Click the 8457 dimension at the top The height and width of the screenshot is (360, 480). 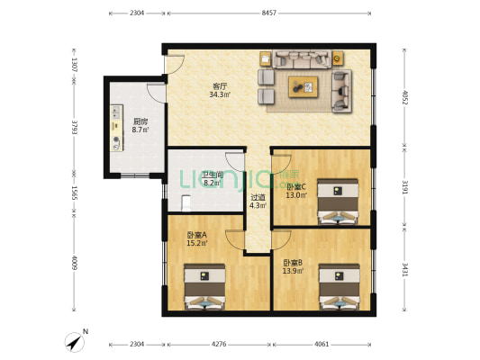pos(268,13)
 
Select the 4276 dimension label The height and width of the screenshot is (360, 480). pos(219,344)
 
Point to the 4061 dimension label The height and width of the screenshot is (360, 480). pos(322,344)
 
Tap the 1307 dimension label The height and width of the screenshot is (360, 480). pos(74,65)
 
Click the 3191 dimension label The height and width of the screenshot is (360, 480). pos(404,187)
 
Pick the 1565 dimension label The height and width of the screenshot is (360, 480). pos(74,193)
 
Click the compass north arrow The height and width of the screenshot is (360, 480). pos(75,342)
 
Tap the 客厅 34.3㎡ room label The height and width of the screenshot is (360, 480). pos(220,90)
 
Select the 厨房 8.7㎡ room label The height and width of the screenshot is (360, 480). pos(140,125)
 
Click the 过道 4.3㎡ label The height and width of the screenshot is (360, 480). pos(258,202)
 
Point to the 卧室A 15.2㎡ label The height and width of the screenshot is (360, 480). pos(197,239)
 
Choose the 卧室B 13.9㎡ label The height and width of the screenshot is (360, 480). pos(293,266)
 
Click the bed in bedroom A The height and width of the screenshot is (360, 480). pos(204,287)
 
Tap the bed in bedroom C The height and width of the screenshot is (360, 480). pos(338,202)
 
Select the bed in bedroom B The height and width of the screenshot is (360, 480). pos(340,287)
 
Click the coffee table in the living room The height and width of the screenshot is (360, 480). pos(303,87)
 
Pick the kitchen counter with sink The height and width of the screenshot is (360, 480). pos(117,128)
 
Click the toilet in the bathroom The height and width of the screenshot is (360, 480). pos(186,203)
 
